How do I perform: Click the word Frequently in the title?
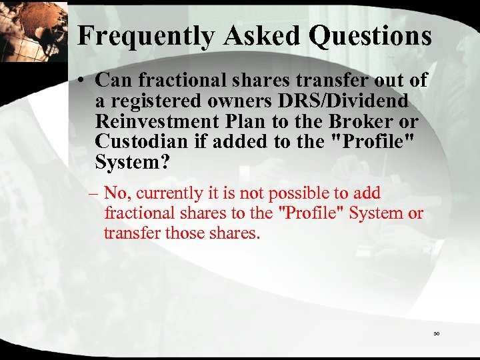pos(143,35)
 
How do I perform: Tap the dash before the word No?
pos(93,194)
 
